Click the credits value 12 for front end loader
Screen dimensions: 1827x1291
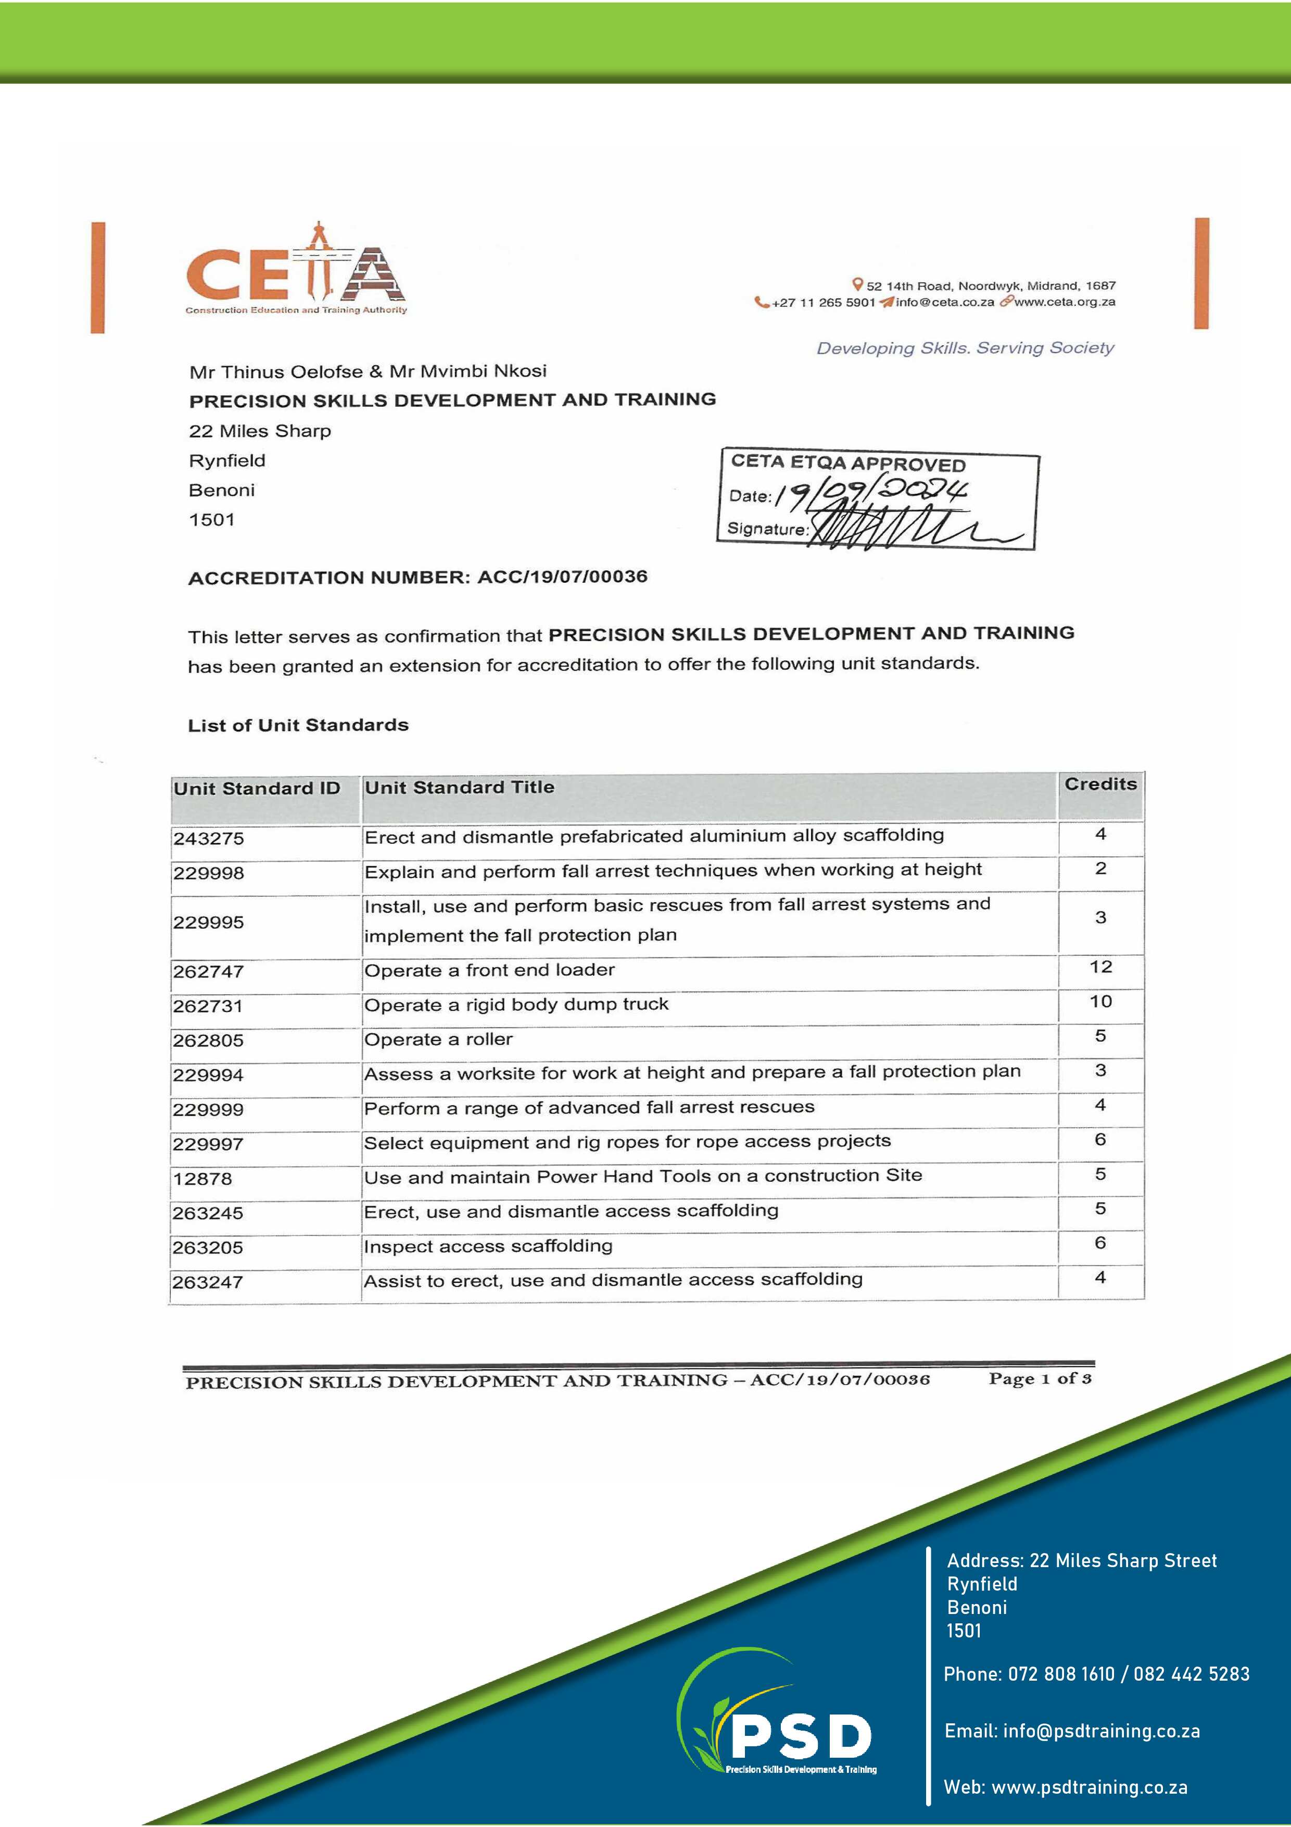1100,967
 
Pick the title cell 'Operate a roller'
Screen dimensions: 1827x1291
438,1039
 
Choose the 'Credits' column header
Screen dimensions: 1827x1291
1100,784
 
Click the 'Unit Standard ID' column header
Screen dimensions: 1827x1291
257,789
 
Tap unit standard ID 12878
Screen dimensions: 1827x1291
203,1179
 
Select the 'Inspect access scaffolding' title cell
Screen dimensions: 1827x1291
488,1246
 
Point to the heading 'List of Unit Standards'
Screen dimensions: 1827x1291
298,725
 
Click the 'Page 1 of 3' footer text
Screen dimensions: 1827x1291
1040,1379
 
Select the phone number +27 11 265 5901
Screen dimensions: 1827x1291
824,303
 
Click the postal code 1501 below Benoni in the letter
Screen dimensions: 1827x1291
211,520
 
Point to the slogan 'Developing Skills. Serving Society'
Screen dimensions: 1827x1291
965,348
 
